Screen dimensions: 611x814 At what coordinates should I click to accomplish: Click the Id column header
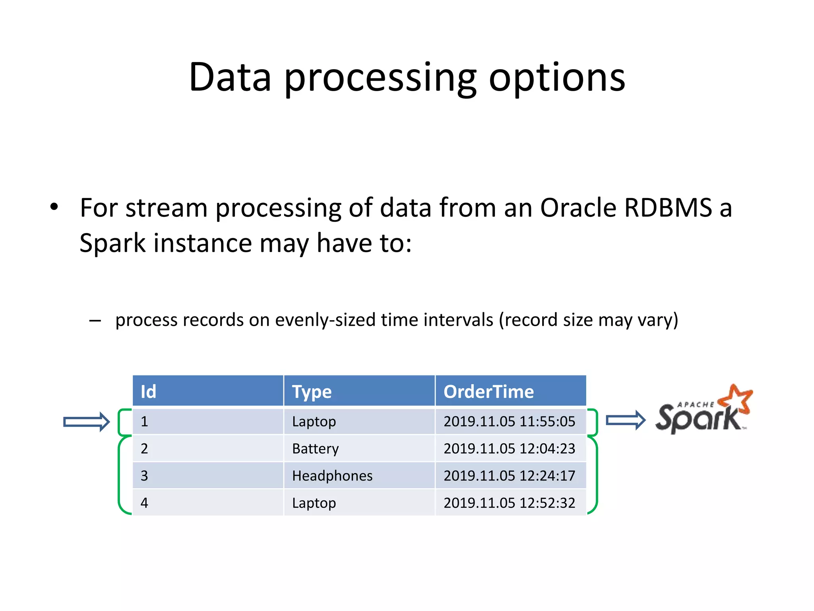[148, 392]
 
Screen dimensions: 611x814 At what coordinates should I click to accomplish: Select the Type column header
[312, 392]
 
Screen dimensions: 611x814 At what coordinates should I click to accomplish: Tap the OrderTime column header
[488, 392]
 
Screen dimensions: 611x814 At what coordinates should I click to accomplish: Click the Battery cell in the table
[315, 449]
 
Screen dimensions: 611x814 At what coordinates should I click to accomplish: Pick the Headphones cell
[332, 476]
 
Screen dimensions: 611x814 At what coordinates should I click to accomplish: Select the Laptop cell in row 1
[314, 421]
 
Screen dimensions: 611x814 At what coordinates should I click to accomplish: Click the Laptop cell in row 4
[314, 503]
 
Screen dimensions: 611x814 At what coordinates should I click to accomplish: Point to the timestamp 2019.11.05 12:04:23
[509, 449]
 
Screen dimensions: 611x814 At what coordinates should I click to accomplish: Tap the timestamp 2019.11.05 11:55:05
[509, 421]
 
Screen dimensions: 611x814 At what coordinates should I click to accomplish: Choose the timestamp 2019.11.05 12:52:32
[509, 503]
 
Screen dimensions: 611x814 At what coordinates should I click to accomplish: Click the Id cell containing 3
[144, 476]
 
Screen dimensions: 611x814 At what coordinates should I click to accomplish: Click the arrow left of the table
[86, 422]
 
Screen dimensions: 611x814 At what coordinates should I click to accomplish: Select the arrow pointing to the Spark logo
[625, 420]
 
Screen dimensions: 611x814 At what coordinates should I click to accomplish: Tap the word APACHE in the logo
[696, 405]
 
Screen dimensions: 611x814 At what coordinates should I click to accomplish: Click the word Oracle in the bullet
[578, 208]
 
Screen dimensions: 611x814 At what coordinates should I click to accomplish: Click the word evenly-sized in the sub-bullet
[325, 320]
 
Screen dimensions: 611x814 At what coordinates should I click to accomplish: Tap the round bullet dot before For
[54, 207]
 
